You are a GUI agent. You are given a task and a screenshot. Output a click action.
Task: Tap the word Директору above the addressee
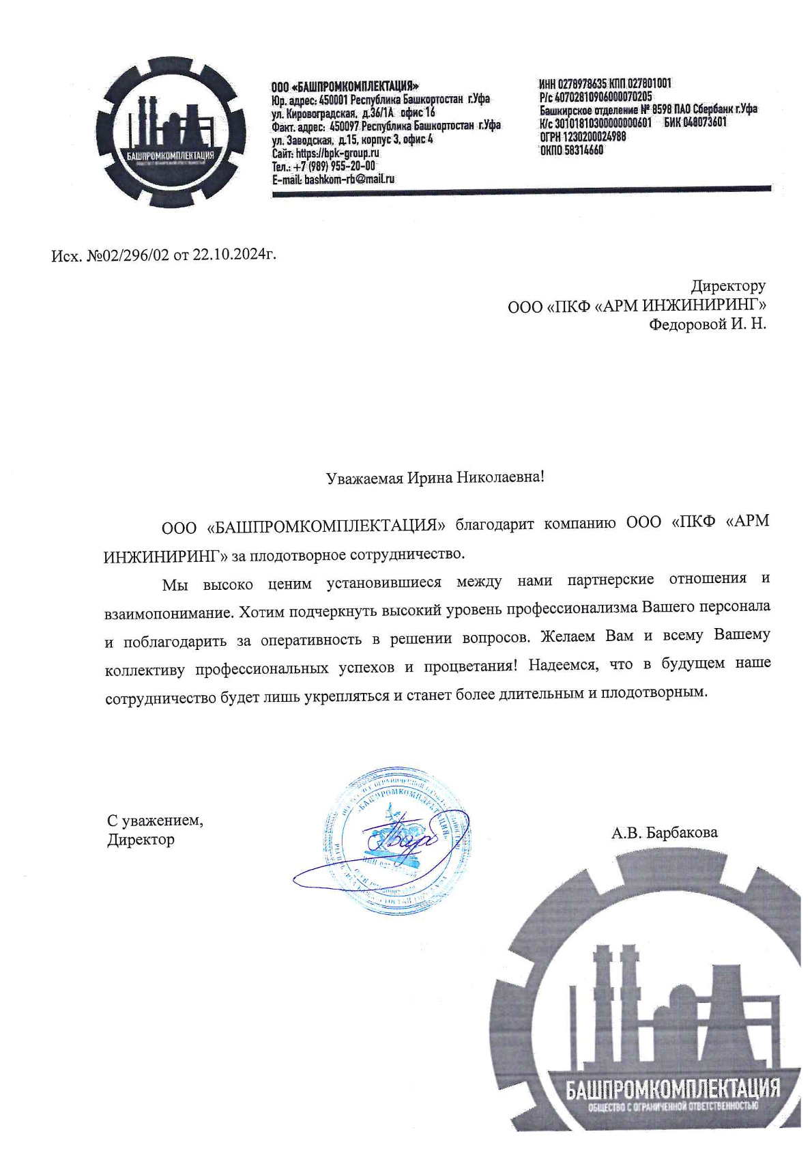pos(728,285)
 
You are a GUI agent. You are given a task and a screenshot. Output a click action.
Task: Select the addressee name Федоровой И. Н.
pos(707,324)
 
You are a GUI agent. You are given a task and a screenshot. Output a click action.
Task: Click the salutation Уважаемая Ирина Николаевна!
pos(435,477)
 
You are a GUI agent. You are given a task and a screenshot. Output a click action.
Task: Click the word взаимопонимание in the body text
pos(168,612)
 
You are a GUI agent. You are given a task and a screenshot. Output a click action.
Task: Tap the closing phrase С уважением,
pos(155,819)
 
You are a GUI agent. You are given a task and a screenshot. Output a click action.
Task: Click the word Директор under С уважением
pos(141,839)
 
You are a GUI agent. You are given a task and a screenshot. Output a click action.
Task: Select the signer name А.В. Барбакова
pos(664,832)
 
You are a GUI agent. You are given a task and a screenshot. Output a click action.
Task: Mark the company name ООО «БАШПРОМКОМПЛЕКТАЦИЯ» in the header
pos(345,87)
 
